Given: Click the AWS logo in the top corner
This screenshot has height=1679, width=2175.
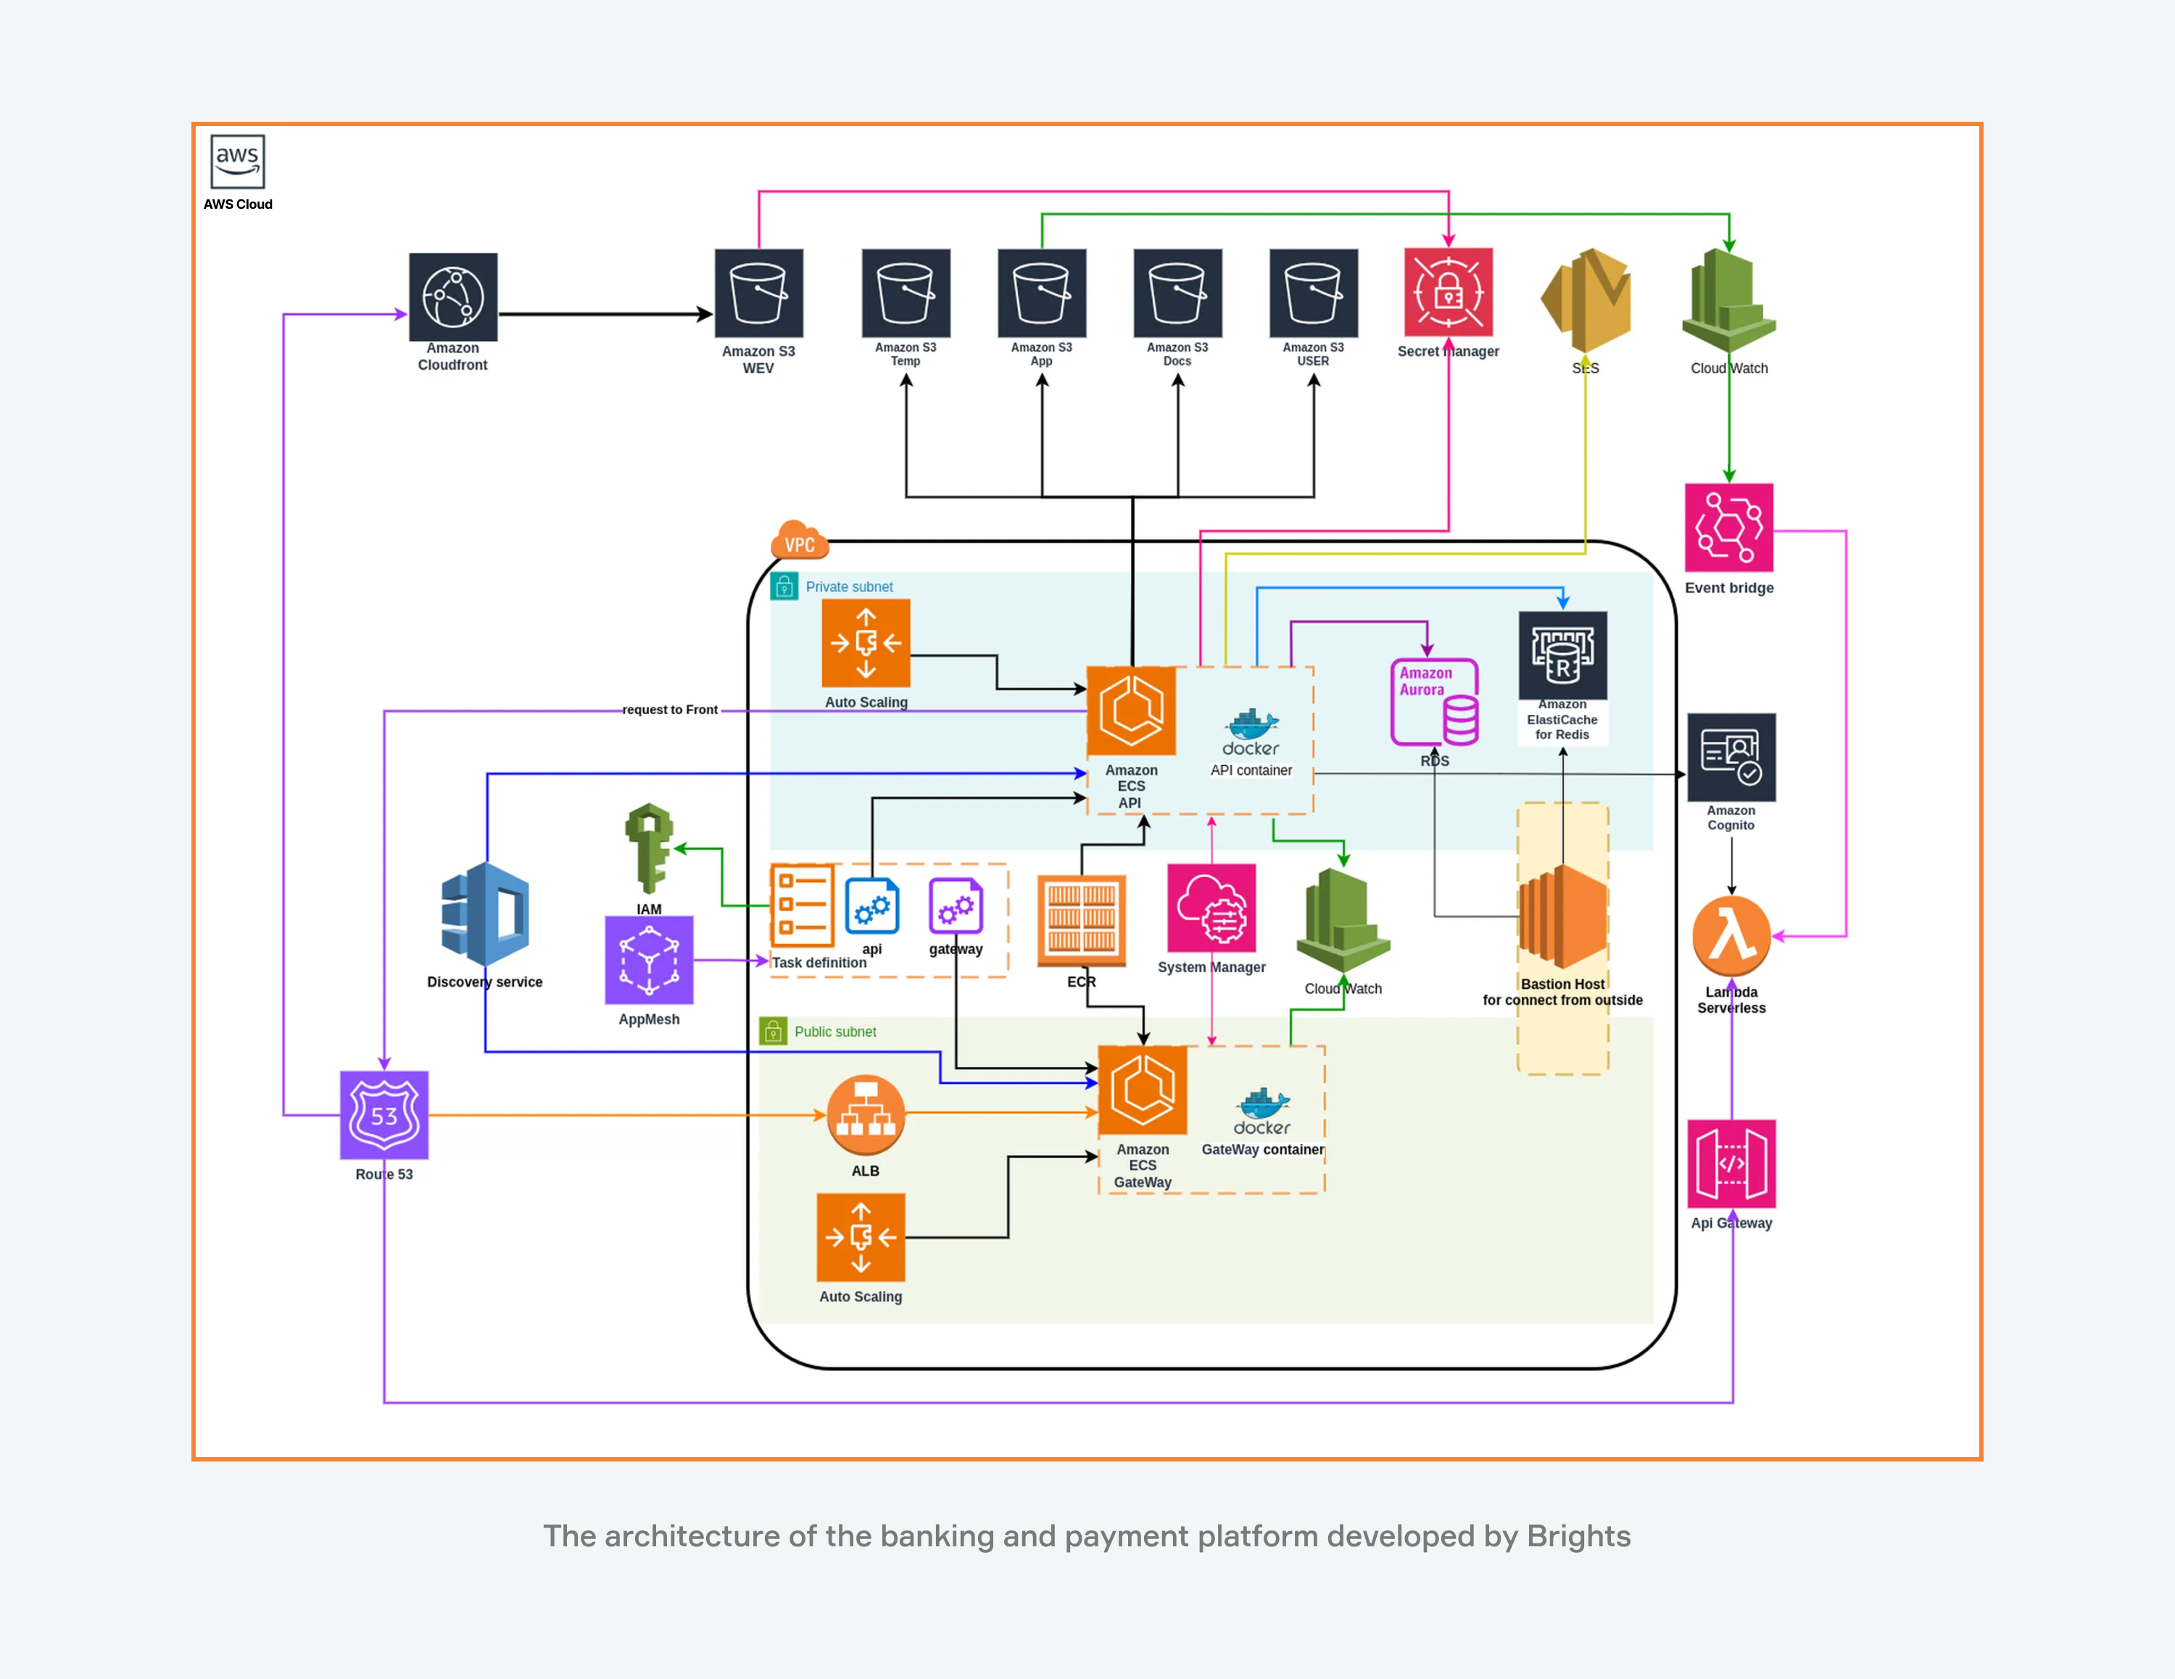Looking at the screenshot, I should tap(237, 162).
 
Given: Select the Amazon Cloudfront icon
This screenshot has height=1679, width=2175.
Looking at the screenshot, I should tap(453, 297).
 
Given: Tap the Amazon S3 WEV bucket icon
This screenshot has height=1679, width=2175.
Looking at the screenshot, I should tap(759, 294).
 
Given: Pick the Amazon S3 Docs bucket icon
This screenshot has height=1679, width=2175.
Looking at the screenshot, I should tap(1177, 294).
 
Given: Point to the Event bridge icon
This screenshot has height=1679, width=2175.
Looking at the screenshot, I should tap(1729, 527).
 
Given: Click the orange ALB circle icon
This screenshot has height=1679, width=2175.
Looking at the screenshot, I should tap(866, 1116).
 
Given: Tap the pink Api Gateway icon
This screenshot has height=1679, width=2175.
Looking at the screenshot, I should tap(1732, 1163).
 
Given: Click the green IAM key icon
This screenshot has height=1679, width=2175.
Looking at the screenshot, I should tap(650, 847).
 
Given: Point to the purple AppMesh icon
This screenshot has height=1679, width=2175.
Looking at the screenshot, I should tap(650, 960).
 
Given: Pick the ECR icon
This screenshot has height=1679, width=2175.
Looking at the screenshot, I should tap(1082, 921).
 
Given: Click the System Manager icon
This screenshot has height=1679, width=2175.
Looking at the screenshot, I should tap(1211, 908).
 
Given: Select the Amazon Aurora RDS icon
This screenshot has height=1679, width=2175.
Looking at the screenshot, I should tap(1434, 702).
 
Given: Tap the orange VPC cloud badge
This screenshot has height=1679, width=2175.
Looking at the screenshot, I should tap(799, 542).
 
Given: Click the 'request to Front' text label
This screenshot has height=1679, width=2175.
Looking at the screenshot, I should tap(669, 710).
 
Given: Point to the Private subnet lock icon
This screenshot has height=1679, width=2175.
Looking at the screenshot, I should tap(784, 586).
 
